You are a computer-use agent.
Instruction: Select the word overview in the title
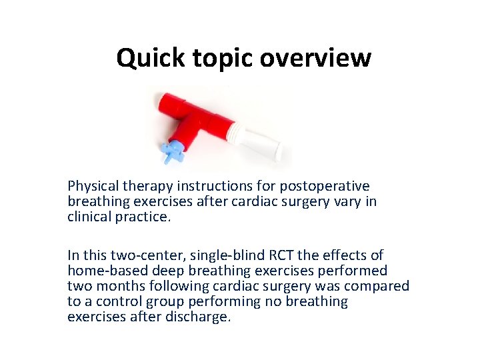315,58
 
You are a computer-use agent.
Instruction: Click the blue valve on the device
175,150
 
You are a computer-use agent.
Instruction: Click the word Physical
92,186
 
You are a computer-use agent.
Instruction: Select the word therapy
144,186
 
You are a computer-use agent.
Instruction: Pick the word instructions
205,186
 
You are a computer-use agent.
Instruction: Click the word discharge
201,317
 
